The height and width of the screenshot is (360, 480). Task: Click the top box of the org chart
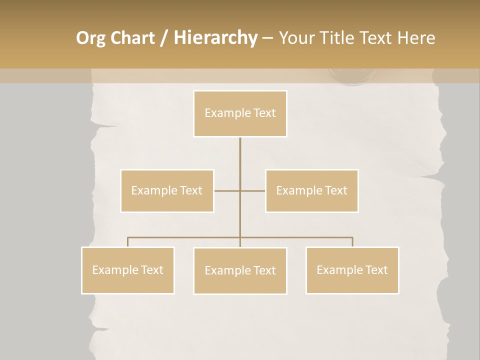click(x=240, y=113)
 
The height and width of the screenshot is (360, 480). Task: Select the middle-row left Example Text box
click(x=167, y=190)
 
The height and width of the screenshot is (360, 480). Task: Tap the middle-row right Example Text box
click(x=311, y=190)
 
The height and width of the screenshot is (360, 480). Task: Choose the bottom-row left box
click(x=128, y=270)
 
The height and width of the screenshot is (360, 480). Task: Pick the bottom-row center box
click(x=240, y=270)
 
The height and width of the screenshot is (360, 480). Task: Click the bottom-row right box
click(x=352, y=270)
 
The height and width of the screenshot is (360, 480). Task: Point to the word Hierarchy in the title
click(x=215, y=38)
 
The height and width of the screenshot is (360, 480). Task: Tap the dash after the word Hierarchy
click(x=267, y=38)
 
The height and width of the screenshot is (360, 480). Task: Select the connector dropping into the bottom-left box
click(x=128, y=242)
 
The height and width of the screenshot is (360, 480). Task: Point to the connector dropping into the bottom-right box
click(x=352, y=242)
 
